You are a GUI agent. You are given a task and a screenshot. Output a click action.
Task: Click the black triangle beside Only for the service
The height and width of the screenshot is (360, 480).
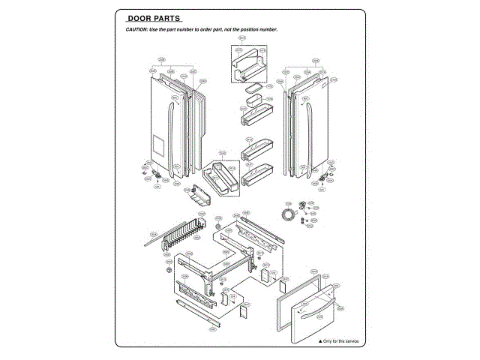(318, 341)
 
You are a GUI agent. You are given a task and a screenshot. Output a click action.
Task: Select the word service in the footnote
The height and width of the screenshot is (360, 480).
(350, 341)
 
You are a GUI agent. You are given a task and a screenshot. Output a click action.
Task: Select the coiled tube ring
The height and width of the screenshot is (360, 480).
(287, 215)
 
